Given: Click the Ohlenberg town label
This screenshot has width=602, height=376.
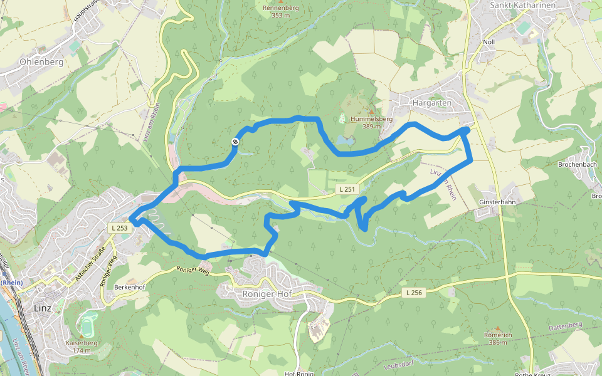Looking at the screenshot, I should point(41,62).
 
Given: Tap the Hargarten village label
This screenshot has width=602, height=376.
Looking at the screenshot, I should point(431,102).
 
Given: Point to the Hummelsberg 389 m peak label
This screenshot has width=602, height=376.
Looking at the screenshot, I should point(371,122).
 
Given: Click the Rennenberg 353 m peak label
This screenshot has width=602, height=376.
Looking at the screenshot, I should point(280,11).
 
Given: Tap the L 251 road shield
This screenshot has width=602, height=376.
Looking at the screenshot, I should point(346,189).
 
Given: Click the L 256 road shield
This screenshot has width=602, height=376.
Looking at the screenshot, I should point(414,293).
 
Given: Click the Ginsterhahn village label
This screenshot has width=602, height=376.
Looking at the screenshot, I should point(497,203).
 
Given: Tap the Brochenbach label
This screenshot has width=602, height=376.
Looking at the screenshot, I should point(577,165).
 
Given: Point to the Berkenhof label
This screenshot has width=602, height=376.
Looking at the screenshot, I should point(130,287).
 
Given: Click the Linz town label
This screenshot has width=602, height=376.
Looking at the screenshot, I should point(43,309).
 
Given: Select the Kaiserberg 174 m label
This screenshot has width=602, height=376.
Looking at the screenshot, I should point(82,347).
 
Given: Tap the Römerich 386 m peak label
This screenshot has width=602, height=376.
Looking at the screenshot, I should point(498,338).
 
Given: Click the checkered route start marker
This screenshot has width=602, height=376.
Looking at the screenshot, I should point(235,142).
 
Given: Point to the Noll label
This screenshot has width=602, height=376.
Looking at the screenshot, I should point(488,42).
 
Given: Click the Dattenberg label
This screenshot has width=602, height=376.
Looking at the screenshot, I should point(565,325).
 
